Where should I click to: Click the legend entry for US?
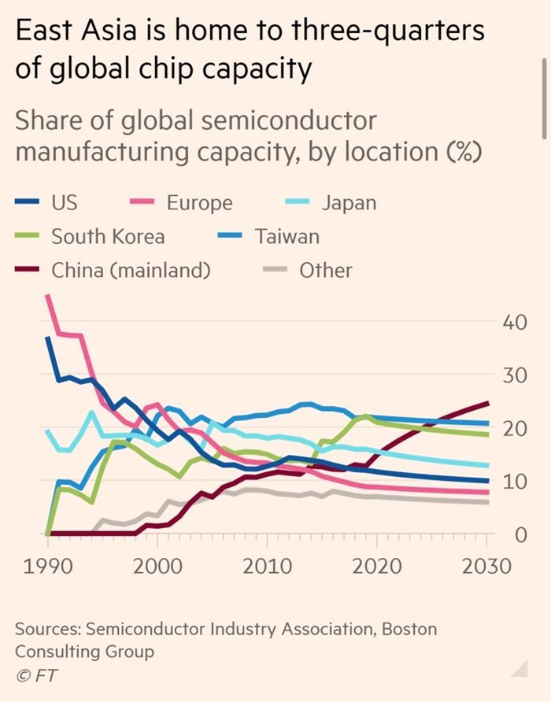(x=64, y=202)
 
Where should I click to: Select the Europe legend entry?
(x=199, y=202)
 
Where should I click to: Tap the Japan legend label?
(x=349, y=202)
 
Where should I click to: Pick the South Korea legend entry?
(x=108, y=236)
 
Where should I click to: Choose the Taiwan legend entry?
(x=287, y=236)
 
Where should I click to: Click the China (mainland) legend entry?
(x=131, y=270)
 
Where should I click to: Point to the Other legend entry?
(x=325, y=270)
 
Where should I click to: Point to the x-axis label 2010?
(x=268, y=566)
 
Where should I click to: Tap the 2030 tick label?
(x=486, y=566)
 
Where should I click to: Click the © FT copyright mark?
(x=36, y=674)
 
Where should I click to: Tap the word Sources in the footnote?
(x=46, y=629)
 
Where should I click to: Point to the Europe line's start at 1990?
(x=48, y=297)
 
